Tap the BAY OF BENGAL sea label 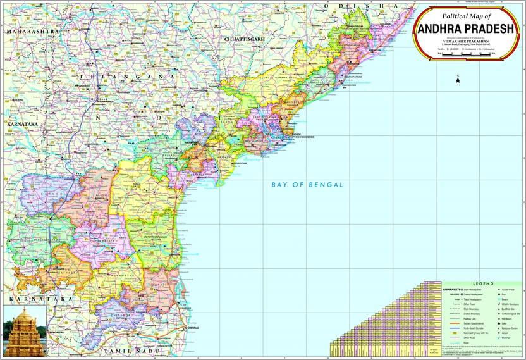[307, 185]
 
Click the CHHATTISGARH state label [243, 39]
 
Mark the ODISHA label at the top [342, 6]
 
